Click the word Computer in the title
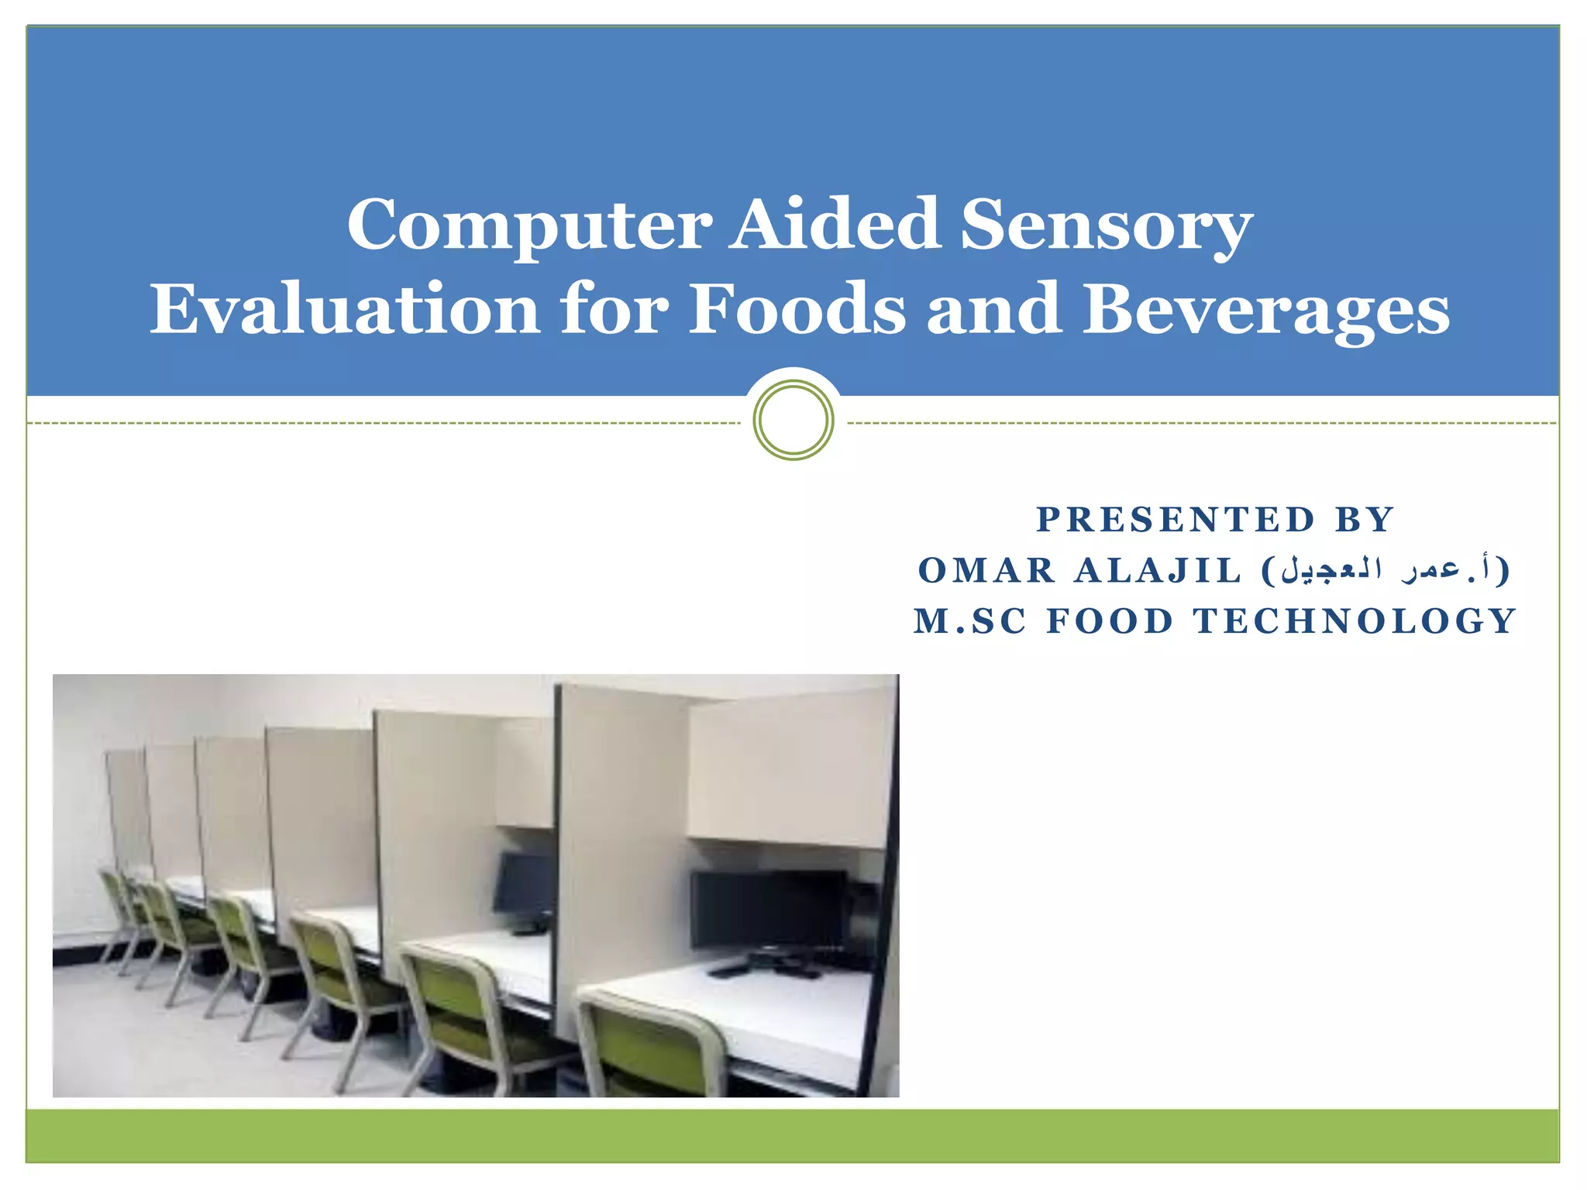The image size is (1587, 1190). [528, 225]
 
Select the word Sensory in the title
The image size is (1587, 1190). [1107, 225]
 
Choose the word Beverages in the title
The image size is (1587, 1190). [1265, 310]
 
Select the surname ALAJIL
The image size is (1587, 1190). [1158, 571]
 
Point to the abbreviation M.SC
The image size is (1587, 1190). [969, 621]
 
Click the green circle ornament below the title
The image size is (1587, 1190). [793, 420]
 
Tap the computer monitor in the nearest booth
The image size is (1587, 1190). [767, 910]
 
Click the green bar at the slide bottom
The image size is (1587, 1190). [793, 1135]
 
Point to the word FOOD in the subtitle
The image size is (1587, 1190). [1109, 621]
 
